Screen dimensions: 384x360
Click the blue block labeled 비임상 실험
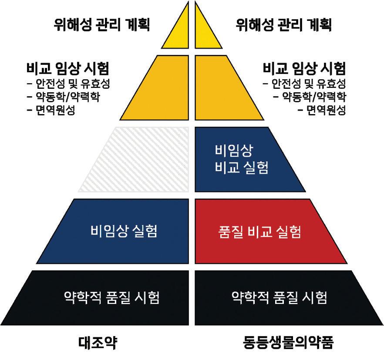tap(125, 231)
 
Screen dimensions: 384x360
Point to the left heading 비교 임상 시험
tap(67, 68)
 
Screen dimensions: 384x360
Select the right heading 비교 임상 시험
tap(305, 68)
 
